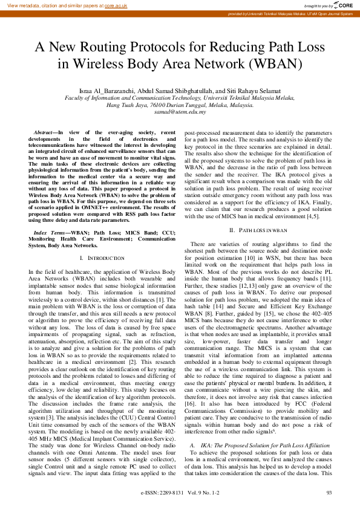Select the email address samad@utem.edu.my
coord(180,112)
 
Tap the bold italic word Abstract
coord(45,132)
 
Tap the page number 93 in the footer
coord(329,493)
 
